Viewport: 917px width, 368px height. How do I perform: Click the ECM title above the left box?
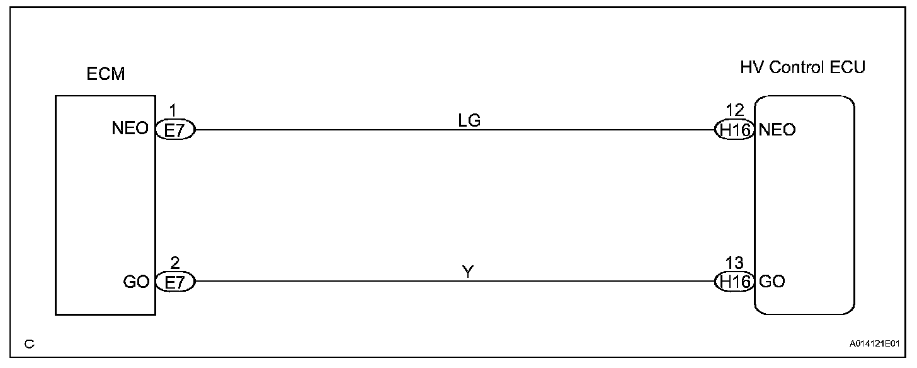click(x=106, y=74)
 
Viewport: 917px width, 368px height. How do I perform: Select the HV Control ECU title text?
click(x=802, y=68)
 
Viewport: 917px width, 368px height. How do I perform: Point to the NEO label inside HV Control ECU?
click(x=777, y=130)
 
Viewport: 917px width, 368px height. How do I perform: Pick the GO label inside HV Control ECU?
click(x=772, y=281)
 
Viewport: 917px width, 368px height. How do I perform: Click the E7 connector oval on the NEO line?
click(x=176, y=130)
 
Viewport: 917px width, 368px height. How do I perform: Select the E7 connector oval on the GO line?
click(x=176, y=281)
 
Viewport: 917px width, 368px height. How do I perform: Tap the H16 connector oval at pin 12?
click(x=735, y=130)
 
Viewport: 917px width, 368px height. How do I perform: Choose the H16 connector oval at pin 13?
click(x=735, y=281)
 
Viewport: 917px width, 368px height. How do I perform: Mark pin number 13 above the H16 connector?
click(x=734, y=263)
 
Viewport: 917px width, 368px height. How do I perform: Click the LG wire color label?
click(x=470, y=121)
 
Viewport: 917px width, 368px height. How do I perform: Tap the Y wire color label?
click(x=467, y=272)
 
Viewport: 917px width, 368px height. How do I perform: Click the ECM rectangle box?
click(x=105, y=205)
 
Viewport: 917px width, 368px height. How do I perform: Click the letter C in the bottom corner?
click(x=29, y=344)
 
